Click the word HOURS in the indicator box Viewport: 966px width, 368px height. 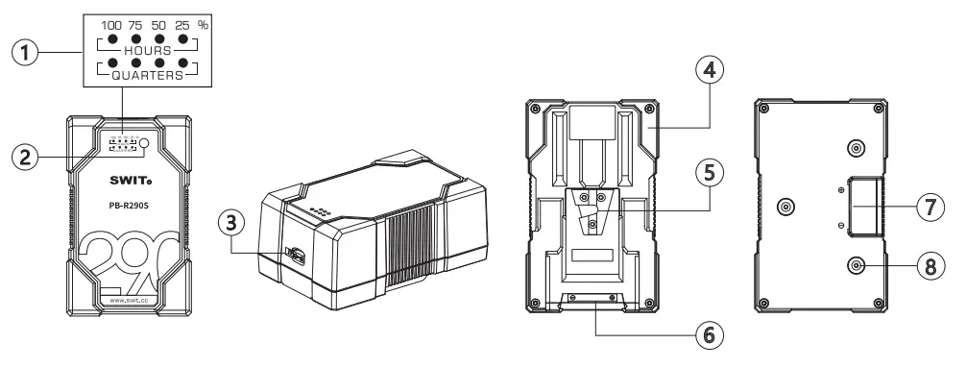147,48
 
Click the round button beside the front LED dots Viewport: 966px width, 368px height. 144,143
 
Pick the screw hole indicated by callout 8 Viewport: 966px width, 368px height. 855,266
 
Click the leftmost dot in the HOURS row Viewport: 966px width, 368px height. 113,41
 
